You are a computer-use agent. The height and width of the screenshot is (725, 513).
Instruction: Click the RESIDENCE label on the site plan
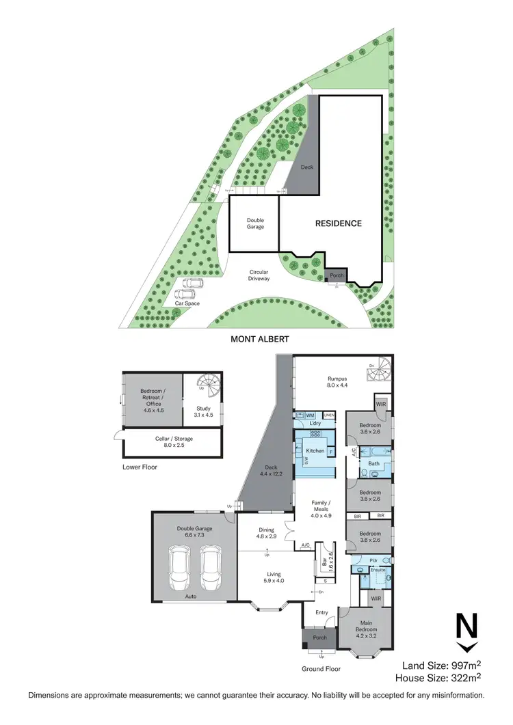click(x=338, y=223)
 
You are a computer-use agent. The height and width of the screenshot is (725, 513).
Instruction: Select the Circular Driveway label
click(x=259, y=275)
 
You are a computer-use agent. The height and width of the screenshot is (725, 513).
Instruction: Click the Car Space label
click(x=187, y=303)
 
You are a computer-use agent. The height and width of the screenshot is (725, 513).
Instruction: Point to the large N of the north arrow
click(x=466, y=627)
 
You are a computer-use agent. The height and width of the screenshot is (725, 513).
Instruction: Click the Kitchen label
click(x=315, y=451)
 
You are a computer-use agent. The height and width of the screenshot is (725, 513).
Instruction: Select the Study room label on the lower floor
click(x=205, y=411)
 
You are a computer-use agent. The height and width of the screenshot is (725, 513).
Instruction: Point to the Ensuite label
click(x=378, y=569)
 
